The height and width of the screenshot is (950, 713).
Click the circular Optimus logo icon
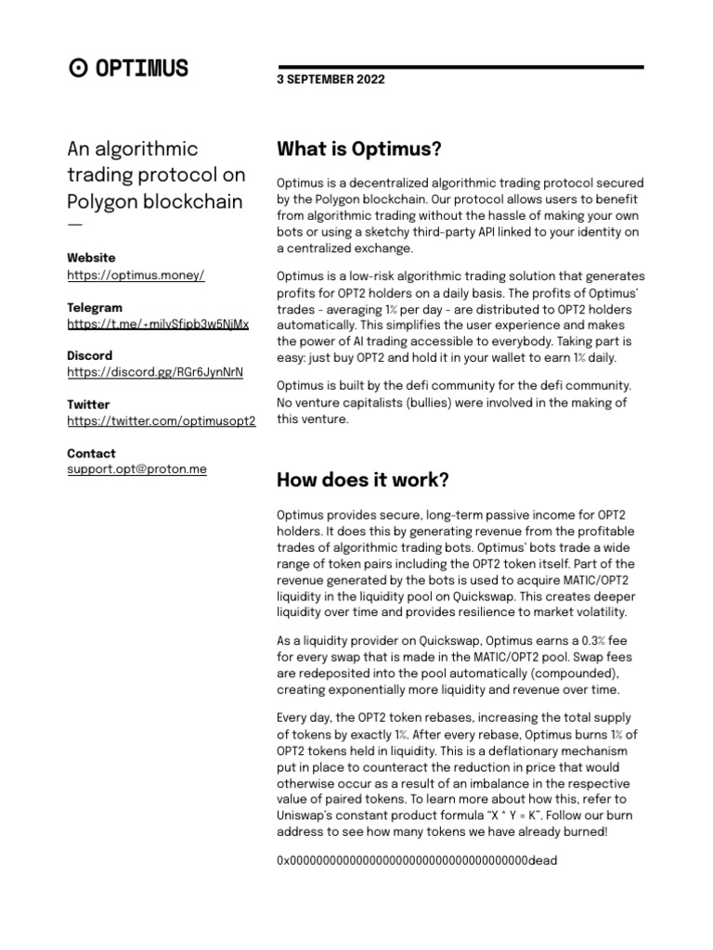(x=79, y=68)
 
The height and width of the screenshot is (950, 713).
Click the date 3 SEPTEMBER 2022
(x=330, y=81)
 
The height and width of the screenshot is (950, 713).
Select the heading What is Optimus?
(x=359, y=149)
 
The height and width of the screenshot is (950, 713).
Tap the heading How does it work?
(x=363, y=481)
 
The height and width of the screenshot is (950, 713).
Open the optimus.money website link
(x=136, y=276)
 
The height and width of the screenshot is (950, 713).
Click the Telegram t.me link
(x=158, y=325)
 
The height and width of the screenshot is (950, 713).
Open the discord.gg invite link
(x=155, y=373)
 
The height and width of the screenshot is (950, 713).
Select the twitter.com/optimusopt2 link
(x=161, y=421)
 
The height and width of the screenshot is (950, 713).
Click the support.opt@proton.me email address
(x=136, y=469)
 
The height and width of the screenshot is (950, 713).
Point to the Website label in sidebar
(x=91, y=258)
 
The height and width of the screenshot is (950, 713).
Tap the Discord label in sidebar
(x=90, y=355)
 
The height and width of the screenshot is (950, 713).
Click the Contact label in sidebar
(x=91, y=454)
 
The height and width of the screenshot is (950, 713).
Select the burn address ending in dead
(x=417, y=861)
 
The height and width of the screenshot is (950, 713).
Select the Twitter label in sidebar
(x=88, y=404)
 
